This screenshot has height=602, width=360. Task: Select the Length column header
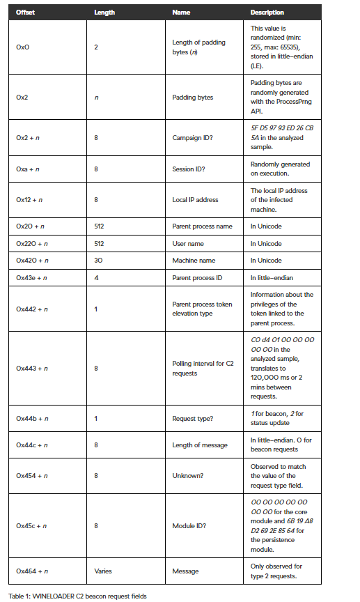pyautogui.click(x=104, y=13)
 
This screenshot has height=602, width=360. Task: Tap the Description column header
pyautogui.click(x=267, y=13)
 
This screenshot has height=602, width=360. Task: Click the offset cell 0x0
pyautogui.click(x=23, y=47)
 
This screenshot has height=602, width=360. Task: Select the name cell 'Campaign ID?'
pyautogui.click(x=191, y=137)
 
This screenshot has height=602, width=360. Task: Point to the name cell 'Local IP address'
pyautogui.click(x=195, y=200)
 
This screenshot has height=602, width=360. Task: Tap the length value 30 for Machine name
pyautogui.click(x=97, y=261)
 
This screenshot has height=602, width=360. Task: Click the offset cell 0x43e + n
pyautogui.click(x=32, y=277)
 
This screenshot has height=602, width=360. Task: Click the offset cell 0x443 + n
pyautogui.click(x=32, y=368)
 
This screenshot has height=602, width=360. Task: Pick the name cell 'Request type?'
pyautogui.click(x=192, y=418)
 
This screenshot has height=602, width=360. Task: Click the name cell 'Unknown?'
pyautogui.click(x=187, y=475)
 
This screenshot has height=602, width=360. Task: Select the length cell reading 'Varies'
pyautogui.click(x=102, y=571)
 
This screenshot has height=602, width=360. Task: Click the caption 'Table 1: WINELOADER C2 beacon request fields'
pyautogui.click(x=77, y=596)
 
